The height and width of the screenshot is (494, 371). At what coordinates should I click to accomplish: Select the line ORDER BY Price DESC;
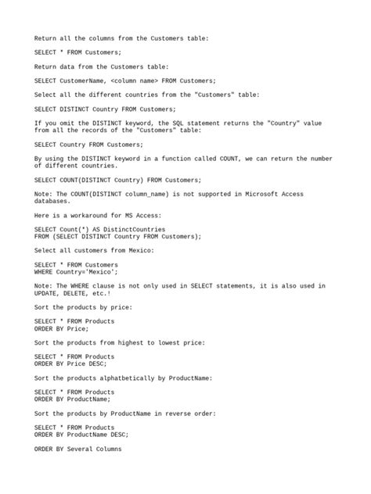[70, 363]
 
